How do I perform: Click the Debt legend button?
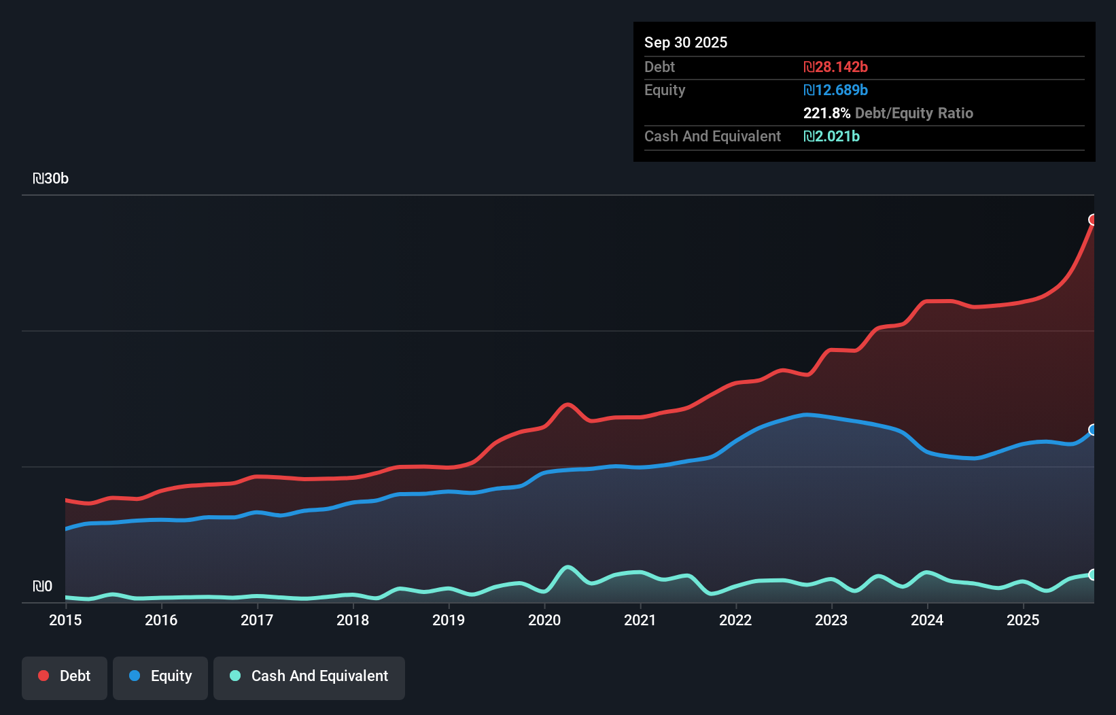(x=65, y=677)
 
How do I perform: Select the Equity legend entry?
(x=160, y=677)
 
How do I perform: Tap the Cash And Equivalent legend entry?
(x=309, y=677)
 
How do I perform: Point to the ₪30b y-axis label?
(x=51, y=179)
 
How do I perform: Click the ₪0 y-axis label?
(x=43, y=587)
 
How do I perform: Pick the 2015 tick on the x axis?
(x=65, y=620)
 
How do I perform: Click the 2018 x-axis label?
(x=353, y=620)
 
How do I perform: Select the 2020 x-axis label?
(x=544, y=620)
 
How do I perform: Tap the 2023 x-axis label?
(x=831, y=620)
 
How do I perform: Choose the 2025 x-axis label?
(x=1023, y=620)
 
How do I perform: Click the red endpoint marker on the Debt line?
(x=1093, y=220)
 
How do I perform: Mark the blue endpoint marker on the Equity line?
(x=1093, y=430)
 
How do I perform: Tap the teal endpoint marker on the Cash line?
(x=1093, y=574)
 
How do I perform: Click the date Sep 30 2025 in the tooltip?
(x=686, y=42)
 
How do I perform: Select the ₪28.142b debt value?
(x=835, y=67)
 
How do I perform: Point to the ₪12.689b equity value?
(x=835, y=90)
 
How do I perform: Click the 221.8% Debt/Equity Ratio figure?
(x=888, y=113)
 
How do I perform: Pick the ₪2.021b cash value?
(x=831, y=136)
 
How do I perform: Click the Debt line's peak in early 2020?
(x=567, y=404)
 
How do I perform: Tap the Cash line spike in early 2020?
(x=568, y=567)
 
